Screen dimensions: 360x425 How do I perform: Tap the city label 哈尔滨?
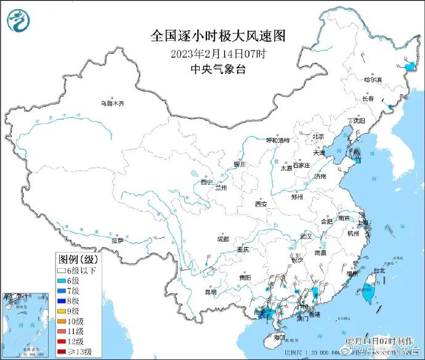click(x=373, y=80)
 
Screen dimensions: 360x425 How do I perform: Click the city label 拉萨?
click(x=116, y=240)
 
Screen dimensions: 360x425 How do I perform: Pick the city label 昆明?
click(x=210, y=292)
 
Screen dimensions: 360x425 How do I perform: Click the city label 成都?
click(x=222, y=239)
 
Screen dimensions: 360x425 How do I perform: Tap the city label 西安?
click(x=261, y=204)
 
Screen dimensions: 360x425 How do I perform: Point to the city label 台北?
click(x=378, y=270)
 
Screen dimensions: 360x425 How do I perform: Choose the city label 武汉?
click(x=306, y=236)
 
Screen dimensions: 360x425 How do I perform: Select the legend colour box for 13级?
click(x=61, y=352)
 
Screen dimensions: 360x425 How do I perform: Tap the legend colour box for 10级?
click(x=61, y=321)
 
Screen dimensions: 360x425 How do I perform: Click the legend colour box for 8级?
click(x=61, y=301)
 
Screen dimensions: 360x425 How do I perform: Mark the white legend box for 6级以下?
click(x=61, y=270)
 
